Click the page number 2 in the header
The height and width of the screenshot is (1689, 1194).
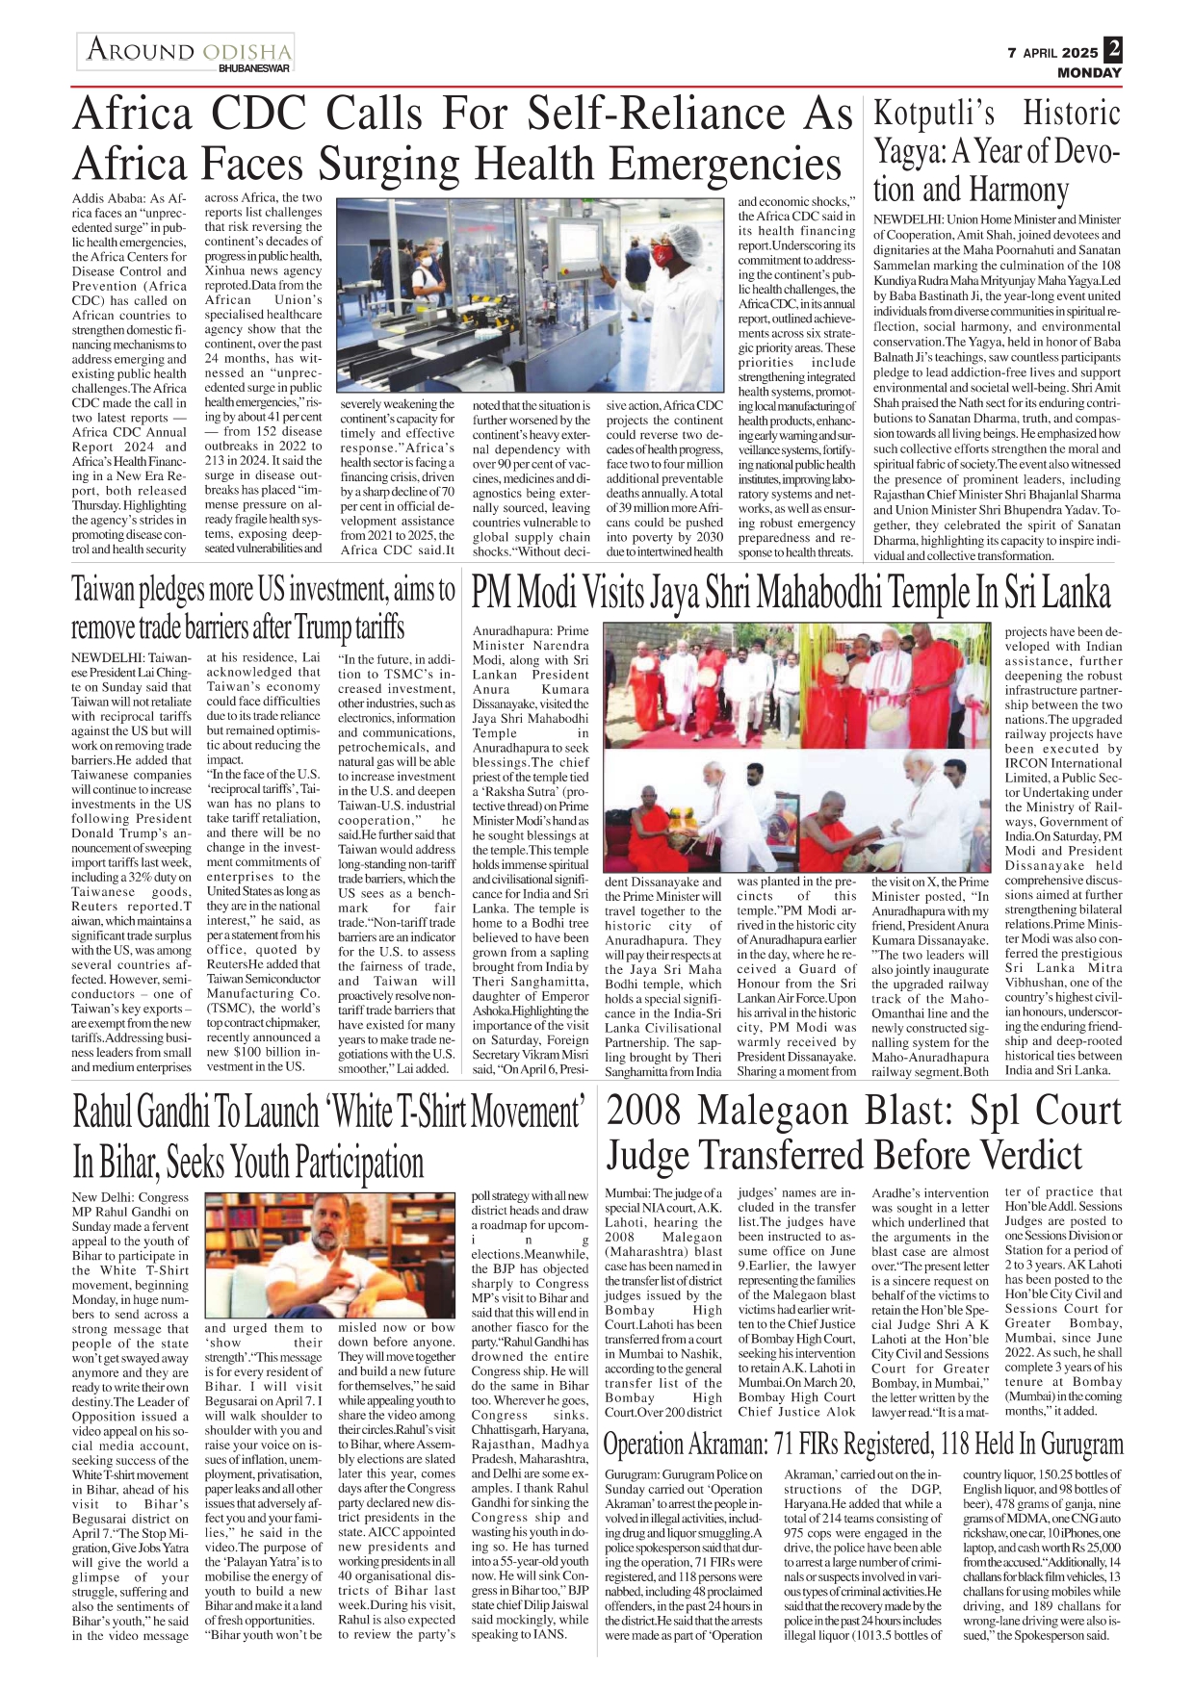click(x=1113, y=48)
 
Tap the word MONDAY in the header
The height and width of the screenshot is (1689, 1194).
click(x=1089, y=72)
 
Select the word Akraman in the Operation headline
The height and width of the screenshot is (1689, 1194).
click(x=716, y=1444)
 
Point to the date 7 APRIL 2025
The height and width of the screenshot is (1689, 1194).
click(x=1051, y=53)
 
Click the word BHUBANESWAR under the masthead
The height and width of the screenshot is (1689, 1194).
click(x=253, y=68)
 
